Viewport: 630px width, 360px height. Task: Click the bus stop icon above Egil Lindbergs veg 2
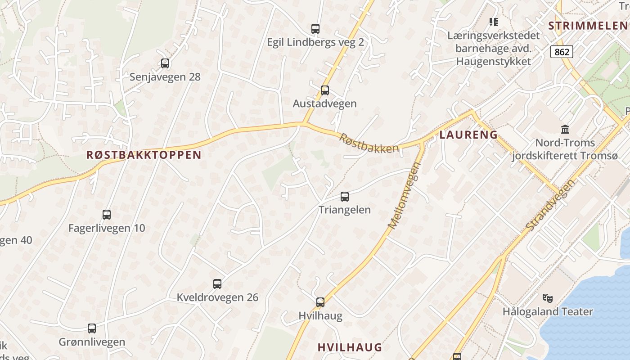[315, 29]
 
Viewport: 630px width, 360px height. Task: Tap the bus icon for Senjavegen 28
[165, 63]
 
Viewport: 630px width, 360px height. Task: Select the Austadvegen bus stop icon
[325, 90]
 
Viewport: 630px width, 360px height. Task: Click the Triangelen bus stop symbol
[345, 197]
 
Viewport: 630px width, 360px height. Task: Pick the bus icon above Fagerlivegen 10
[107, 215]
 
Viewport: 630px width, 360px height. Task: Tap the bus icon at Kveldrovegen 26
[217, 284]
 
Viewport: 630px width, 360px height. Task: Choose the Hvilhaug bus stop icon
[320, 302]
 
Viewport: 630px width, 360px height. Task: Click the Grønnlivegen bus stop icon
[92, 328]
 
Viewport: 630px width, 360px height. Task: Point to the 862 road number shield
[562, 52]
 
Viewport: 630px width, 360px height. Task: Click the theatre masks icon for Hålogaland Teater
[548, 298]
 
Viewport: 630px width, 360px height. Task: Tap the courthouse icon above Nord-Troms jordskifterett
[565, 130]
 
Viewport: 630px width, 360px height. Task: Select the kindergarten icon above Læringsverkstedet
[494, 22]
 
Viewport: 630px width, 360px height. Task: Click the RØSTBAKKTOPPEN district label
[144, 155]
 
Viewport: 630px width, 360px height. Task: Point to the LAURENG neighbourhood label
[468, 135]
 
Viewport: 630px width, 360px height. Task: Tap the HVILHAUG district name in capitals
[350, 347]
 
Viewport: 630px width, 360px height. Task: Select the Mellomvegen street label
[404, 196]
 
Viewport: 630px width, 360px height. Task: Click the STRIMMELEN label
[588, 26]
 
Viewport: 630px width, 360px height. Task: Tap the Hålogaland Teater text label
[548, 311]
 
